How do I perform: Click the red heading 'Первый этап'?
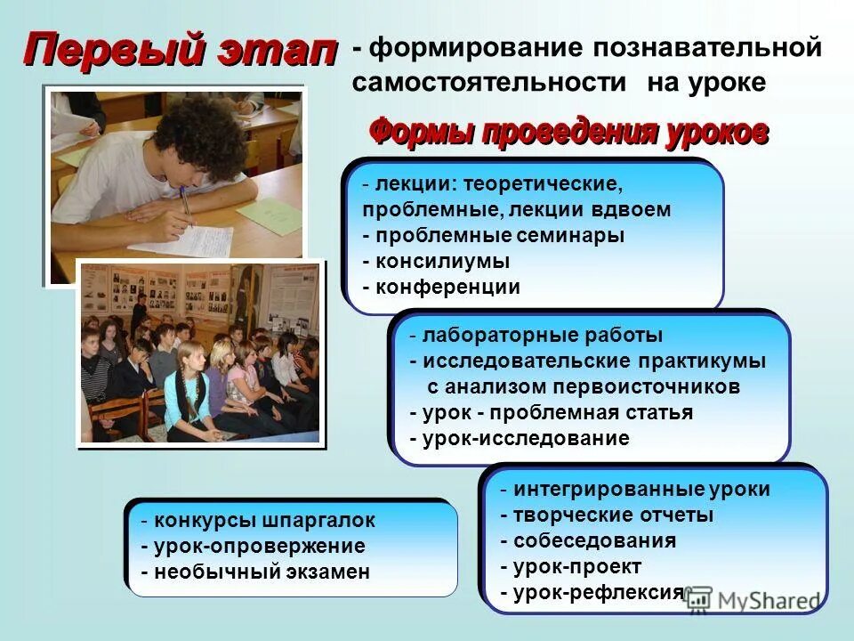pos(181,50)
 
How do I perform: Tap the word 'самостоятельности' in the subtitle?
pos(488,83)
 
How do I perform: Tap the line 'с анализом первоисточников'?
pos(584,387)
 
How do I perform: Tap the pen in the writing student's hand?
pos(185,207)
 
